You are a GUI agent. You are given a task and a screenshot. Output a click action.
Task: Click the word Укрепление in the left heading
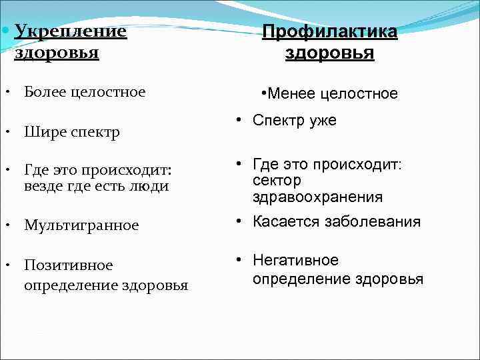[70, 31]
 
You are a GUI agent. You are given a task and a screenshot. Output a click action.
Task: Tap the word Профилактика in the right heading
[329, 32]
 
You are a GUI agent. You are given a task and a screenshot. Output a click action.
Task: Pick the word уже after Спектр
[321, 120]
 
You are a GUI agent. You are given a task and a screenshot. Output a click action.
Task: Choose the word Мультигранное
[81, 225]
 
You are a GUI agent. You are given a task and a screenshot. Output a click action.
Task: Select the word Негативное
[296, 260]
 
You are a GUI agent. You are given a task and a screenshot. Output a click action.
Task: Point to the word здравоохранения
[317, 197]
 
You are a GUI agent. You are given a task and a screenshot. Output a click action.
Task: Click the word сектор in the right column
[277, 181]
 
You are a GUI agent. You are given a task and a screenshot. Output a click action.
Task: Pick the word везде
[43, 186]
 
